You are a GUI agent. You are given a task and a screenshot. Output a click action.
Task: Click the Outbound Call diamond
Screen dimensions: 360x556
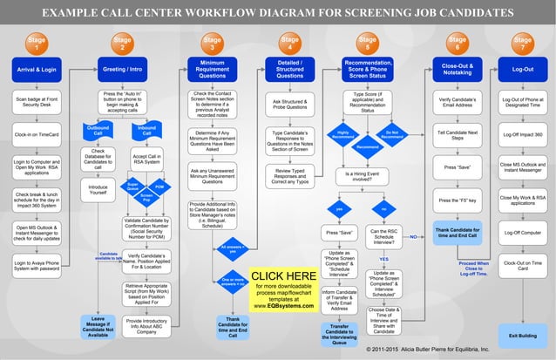point(98,132)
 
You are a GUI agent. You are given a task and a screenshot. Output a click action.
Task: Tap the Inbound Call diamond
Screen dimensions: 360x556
point(146,132)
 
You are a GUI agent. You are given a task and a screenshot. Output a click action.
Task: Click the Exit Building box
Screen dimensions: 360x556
point(522,336)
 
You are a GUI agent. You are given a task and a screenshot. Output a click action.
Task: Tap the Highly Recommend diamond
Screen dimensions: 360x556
point(342,134)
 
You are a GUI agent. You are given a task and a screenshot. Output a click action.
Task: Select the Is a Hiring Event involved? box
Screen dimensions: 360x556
point(367,175)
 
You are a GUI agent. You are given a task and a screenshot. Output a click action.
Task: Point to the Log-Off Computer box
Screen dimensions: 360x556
point(522,233)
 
